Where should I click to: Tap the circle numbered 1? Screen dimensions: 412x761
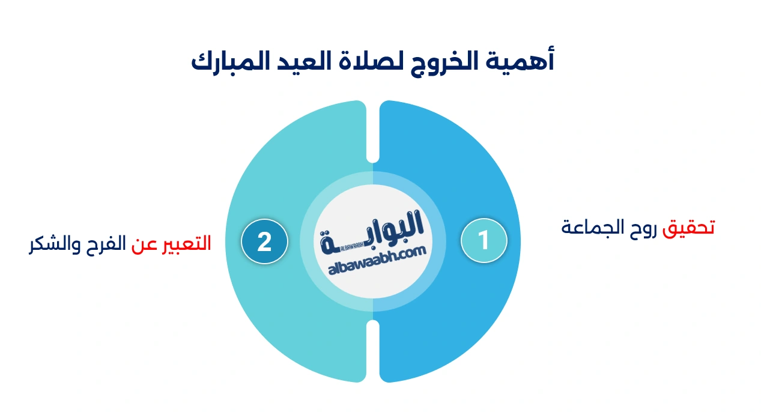click(x=484, y=241)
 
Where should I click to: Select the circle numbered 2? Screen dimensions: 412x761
click(x=264, y=241)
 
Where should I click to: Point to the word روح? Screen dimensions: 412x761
click(x=641, y=228)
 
